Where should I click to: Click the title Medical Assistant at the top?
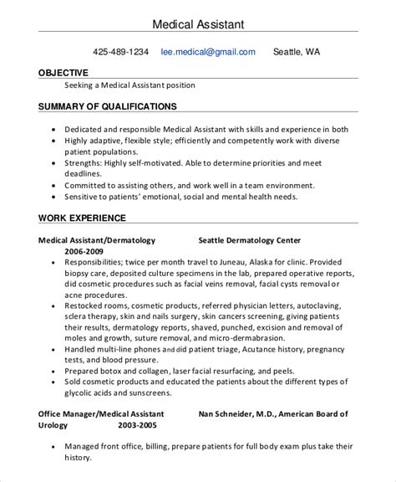(197, 20)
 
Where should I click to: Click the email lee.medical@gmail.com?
(209, 52)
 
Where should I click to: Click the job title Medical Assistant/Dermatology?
(97, 239)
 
